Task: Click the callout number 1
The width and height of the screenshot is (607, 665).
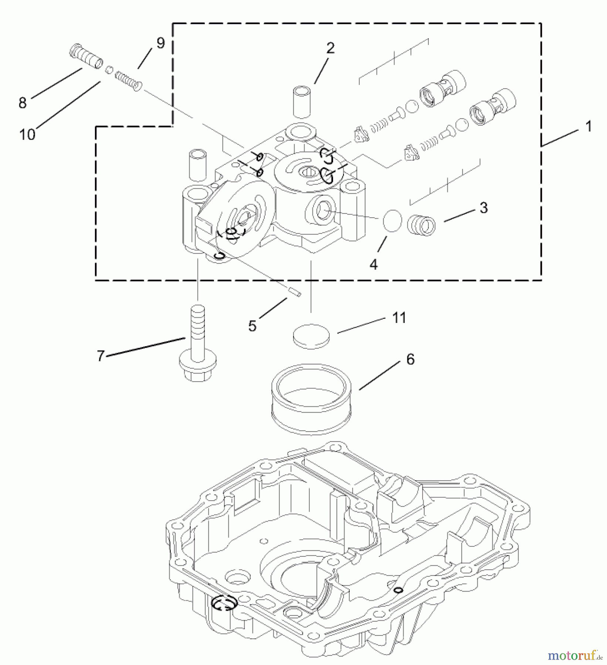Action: pyautogui.click(x=588, y=127)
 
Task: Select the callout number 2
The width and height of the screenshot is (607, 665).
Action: pyautogui.click(x=330, y=48)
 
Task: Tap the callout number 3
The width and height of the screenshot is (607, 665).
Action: pyautogui.click(x=484, y=208)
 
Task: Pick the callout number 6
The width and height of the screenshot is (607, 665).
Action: pyautogui.click(x=410, y=359)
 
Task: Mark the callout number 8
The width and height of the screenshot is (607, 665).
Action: pyautogui.click(x=23, y=102)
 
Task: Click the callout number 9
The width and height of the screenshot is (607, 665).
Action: pyautogui.click(x=160, y=43)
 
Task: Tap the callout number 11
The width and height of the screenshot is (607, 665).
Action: pyautogui.click(x=399, y=318)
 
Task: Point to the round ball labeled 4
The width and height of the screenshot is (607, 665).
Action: pyautogui.click(x=392, y=221)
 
